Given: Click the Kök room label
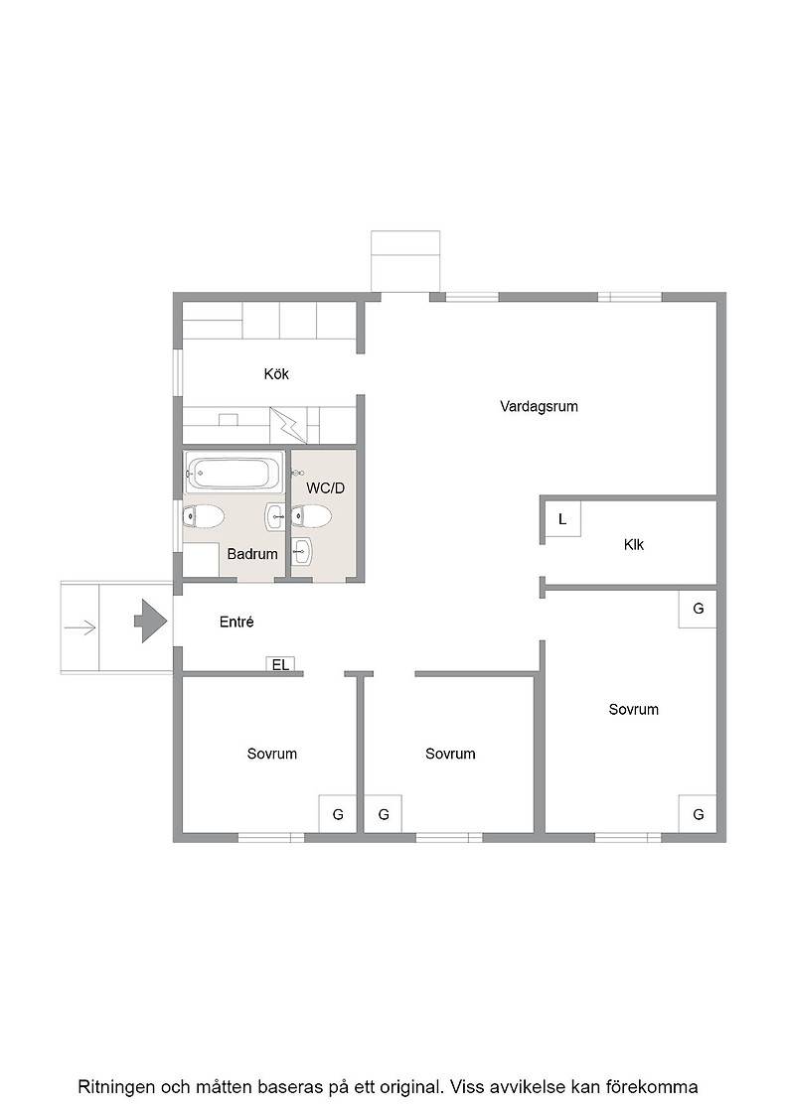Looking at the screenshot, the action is point(276,373).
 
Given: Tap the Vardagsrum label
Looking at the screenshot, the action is point(539,406).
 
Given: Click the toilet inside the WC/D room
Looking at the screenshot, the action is point(310,516).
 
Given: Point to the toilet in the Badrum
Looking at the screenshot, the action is point(204,516).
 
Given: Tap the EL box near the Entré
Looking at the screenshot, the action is point(280,664).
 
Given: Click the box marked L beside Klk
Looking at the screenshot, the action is point(562,519).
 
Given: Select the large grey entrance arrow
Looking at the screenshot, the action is point(150,622).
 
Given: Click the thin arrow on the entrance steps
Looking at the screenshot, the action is point(79,626).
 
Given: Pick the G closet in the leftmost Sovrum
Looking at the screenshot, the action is point(337,813).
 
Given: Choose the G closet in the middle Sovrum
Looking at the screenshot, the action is point(384,813).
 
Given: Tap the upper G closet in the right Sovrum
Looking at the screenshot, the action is point(698,609).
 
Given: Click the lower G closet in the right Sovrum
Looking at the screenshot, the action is point(698,813).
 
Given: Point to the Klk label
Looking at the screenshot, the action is point(634,545).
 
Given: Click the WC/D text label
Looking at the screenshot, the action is point(326,487).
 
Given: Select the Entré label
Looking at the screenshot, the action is point(236,622).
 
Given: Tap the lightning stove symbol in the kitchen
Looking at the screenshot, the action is point(289,425).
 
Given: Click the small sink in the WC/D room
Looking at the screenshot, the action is point(302,552).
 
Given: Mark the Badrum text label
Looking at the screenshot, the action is point(252,554).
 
